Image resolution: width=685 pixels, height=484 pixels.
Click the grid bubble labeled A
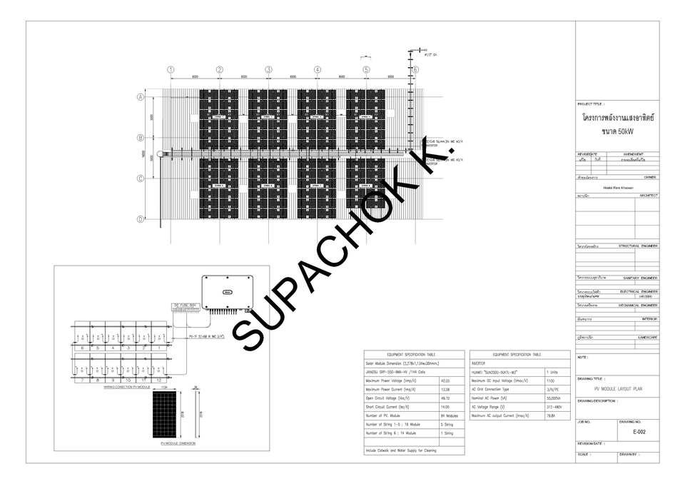[x=141, y=96]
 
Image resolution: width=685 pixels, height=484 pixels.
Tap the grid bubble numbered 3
[x=268, y=70]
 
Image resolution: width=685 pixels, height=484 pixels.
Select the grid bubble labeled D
[x=141, y=218]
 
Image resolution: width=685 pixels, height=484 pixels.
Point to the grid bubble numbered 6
[x=415, y=70]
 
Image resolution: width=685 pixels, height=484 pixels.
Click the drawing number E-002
[x=638, y=432]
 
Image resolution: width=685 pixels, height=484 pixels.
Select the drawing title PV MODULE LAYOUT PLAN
[x=618, y=389]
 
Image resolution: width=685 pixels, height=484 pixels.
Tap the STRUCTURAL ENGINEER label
[x=638, y=246]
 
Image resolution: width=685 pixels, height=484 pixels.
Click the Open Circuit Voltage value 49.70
[x=445, y=398]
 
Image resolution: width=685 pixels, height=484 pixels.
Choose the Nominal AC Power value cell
[x=556, y=398]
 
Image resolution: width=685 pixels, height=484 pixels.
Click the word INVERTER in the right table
[x=482, y=363]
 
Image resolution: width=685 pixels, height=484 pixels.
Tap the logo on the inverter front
[x=228, y=292]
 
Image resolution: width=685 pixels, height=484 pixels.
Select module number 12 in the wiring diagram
[x=159, y=380]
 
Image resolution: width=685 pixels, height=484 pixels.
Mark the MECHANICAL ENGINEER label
[x=638, y=305]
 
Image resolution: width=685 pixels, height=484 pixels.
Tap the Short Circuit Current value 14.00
[x=445, y=406]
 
